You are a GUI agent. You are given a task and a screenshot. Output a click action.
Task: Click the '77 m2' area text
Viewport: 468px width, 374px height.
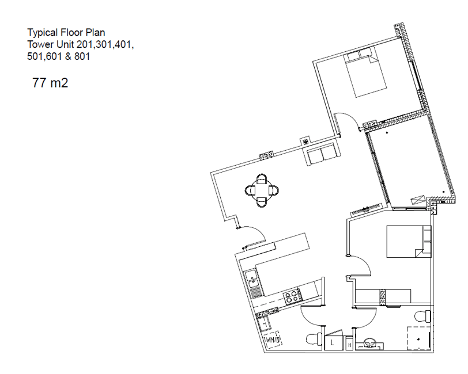click(50, 82)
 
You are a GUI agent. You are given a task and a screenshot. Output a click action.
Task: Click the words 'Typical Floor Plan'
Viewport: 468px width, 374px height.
click(66, 32)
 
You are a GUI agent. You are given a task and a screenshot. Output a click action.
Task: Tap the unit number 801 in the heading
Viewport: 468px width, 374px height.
click(82, 56)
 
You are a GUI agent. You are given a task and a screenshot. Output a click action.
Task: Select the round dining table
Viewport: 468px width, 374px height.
click(262, 190)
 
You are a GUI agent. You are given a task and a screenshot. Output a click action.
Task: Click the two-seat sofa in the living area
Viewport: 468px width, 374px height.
click(322, 154)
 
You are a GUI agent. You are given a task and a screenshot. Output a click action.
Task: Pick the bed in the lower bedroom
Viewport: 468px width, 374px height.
click(409, 242)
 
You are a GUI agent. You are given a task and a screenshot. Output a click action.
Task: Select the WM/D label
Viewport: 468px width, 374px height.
click(273, 339)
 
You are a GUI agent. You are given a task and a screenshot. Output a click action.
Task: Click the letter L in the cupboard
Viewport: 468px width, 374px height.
click(332, 343)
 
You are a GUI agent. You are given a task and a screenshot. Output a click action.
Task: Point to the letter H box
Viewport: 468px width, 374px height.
click(349, 345)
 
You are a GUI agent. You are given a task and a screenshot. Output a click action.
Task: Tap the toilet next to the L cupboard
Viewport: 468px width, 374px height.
click(314, 339)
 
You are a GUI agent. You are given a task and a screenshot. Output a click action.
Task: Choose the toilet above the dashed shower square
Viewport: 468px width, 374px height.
click(422, 316)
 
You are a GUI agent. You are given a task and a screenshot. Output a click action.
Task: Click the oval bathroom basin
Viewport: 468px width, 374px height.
click(371, 342)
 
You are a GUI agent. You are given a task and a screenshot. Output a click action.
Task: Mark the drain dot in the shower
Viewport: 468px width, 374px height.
click(419, 338)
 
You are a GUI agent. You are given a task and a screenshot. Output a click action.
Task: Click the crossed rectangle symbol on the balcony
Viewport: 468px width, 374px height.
click(417, 200)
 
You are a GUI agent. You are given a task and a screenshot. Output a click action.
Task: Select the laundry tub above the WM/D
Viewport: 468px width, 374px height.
click(55, 324)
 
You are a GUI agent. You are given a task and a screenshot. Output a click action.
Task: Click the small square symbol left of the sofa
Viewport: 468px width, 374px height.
click(305, 142)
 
